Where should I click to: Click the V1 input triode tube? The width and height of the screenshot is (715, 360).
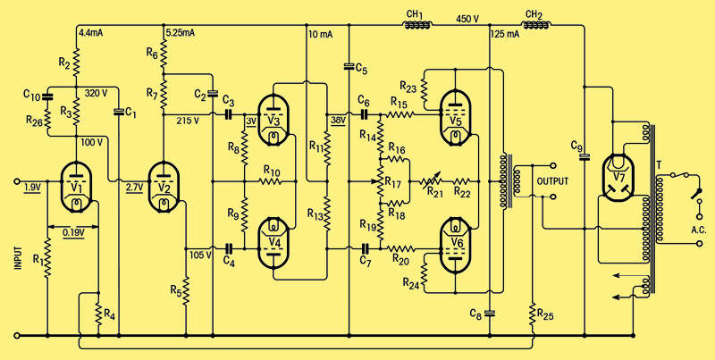point(77,187)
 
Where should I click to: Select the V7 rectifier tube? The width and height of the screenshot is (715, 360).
point(617,178)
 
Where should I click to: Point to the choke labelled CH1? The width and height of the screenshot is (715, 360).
point(417,25)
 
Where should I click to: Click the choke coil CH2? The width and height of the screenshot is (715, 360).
point(537,25)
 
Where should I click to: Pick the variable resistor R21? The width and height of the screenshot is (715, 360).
point(432,181)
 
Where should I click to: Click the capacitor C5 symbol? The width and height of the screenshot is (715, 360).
point(349,66)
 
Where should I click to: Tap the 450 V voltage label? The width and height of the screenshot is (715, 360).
point(467,19)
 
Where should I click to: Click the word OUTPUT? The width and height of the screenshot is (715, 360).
point(552,181)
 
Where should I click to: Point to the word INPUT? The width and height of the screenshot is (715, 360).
point(18,259)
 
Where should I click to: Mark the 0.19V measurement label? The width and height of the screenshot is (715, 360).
point(73,233)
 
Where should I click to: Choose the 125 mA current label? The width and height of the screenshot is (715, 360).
point(505,34)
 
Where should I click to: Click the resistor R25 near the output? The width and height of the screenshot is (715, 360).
point(532,314)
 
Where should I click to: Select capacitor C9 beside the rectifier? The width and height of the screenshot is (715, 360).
point(585,156)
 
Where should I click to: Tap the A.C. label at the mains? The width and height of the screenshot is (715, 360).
point(698,231)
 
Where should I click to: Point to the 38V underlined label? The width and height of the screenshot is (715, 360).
point(338,121)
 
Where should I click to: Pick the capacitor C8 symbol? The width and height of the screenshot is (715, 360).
point(489,313)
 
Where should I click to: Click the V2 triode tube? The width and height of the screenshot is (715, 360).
point(164,187)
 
